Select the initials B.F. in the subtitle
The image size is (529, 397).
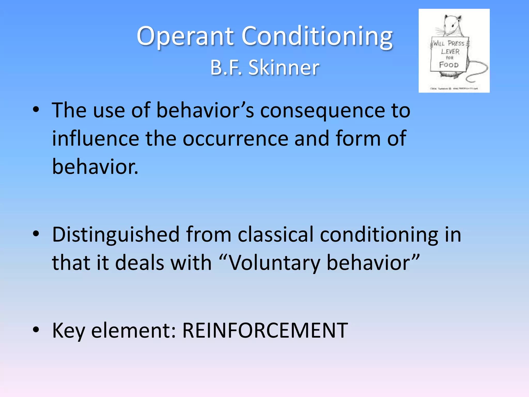tap(226, 68)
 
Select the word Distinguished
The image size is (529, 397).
tap(116, 235)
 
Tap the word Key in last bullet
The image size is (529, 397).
tap(68, 331)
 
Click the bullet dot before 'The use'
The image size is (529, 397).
tap(36, 110)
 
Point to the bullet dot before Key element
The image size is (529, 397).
tap(36, 330)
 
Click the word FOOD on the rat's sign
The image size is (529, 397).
tap(449, 65)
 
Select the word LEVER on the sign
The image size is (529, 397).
tap(450, 51)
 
